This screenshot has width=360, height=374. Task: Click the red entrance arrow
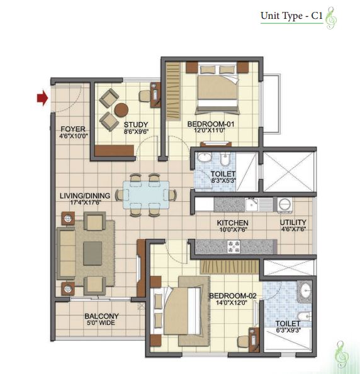pos(42,98)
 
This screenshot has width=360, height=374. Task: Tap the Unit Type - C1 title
pos(291,16)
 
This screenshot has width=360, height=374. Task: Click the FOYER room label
pos(73,129)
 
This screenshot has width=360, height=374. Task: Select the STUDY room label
pos(136,124)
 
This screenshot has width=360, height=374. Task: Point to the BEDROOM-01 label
pos(211,124)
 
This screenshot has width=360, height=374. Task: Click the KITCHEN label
pos(233,223)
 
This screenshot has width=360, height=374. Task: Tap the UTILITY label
pos(293,223)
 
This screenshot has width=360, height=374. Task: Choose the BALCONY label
pos(101,316)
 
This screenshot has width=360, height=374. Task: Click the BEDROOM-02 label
pos(233,296)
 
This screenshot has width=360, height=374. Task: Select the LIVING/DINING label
pos(85,196)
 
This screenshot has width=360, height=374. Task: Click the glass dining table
pos(146,195)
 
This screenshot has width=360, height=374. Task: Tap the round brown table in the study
pos(121,110)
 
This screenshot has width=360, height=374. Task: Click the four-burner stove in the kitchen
pos(233,246)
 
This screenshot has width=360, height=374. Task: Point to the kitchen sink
pos(251,205)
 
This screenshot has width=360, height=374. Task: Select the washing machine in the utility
pos(284,205)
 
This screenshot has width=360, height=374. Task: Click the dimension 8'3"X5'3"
pos(223,180)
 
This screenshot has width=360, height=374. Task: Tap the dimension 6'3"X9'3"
pos(288,330)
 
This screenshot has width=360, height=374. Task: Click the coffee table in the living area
pos(93,253)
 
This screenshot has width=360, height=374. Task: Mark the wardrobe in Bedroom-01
pos(173,91)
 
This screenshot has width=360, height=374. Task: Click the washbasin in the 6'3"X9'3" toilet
pos(306,290)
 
